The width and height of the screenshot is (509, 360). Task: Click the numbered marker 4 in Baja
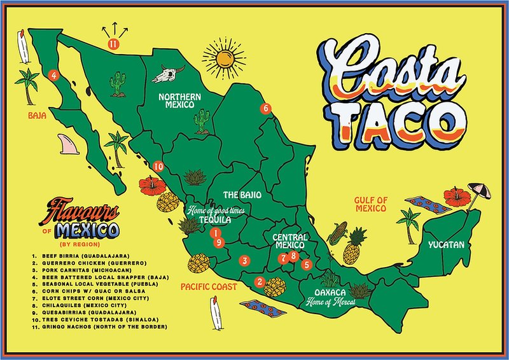[54, 75]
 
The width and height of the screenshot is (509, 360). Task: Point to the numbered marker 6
[266, 108]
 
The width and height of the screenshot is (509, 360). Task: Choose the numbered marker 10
[158, 166]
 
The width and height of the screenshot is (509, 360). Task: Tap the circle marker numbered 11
[113, 44]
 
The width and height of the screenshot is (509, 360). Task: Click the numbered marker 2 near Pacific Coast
[259, 282]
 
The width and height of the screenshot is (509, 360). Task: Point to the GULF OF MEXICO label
[370, 204]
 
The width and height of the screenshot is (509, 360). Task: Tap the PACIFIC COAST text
[209, 287]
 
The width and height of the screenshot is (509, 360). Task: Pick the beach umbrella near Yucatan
[478, 191]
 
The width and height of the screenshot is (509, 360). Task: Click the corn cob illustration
[337, 233]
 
